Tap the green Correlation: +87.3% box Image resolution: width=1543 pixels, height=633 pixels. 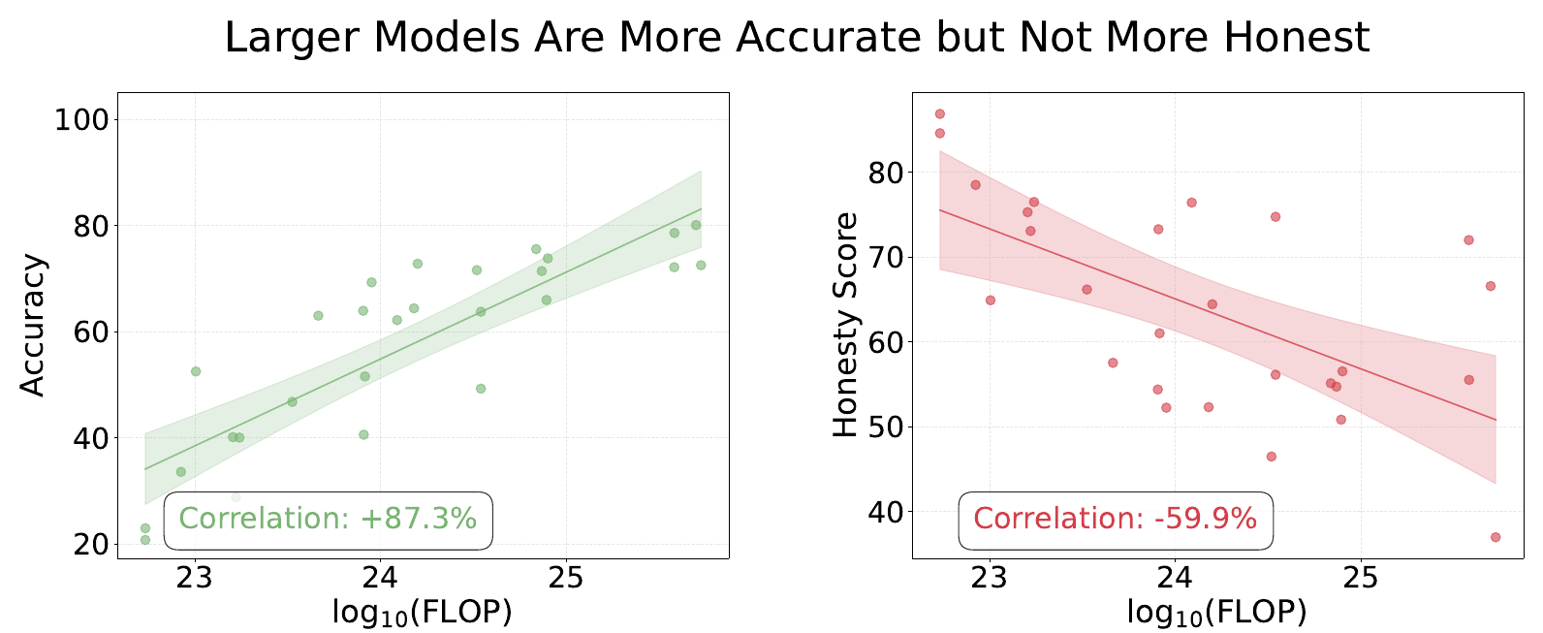tap(328, 520)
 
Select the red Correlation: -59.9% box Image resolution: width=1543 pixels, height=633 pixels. tap(1115, 520)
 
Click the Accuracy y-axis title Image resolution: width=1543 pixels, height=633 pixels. tap(33, 326)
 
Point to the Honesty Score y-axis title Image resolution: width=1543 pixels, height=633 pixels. tap(846, 326)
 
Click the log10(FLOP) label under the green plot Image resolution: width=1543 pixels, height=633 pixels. tap(422, 613)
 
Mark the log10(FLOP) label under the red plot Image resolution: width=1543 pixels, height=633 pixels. tap(1216, 613)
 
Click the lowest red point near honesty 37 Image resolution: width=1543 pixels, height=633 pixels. tap(1496, 537)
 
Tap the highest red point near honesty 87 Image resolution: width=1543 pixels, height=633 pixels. tap(939, 113)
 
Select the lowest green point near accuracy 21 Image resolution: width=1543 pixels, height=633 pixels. tap(145, 540)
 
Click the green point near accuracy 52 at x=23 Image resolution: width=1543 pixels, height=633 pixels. tap(196, 371)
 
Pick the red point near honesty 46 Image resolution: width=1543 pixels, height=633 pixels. tap(1272, 457)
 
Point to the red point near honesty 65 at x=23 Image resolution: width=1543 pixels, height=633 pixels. tap(991, 301)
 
